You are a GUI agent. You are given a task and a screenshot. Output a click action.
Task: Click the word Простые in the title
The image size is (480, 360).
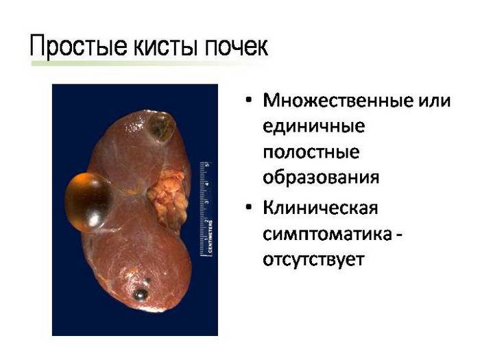pos(78,47)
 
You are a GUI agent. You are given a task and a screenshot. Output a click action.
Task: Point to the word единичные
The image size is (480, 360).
pos(314,126)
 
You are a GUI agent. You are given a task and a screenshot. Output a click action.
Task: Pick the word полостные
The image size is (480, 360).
pos(311,152)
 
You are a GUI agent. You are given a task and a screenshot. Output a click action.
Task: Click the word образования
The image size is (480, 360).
pos(321,178)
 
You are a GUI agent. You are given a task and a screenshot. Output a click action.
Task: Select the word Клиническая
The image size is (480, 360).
pos(320,208)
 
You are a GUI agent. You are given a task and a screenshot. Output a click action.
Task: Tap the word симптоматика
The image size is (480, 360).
pos(327,235)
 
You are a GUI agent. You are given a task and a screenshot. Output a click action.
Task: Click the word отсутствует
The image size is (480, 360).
pos(313,260)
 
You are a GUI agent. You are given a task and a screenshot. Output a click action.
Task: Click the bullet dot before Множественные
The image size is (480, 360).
pos(249,100)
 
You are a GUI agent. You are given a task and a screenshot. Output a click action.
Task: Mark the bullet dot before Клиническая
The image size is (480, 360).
pos(249,207)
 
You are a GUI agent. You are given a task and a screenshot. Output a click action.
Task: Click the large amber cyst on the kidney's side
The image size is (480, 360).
pos(88,202)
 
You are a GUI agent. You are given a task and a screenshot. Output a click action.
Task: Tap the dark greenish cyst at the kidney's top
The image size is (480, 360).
pos(162,127)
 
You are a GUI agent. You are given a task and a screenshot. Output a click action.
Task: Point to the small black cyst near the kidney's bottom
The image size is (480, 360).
pos(140,294)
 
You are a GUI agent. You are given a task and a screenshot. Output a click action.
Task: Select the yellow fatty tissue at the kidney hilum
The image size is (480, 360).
pos(168,198)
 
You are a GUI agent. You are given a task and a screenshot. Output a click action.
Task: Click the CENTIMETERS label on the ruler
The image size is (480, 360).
pos(211,237)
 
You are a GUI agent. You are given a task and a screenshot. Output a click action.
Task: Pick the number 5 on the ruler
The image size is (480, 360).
pos(207,165)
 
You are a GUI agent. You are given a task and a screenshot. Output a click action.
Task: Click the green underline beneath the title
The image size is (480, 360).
pos(147,63)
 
